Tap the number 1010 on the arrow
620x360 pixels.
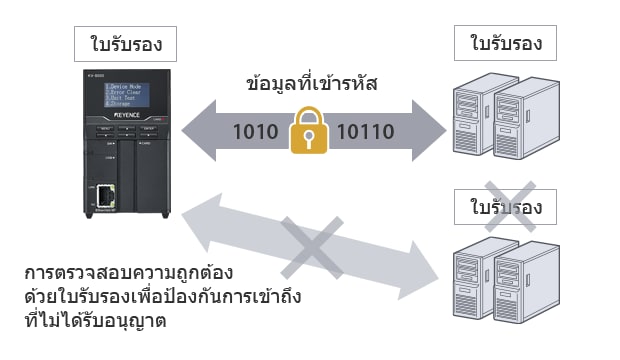pyautogui.click(x=256, y=131)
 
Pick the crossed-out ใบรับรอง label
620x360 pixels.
pyautogui.click(x=505, y=208)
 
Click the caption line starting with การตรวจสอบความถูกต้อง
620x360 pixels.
pyautogui.click(x=129, y=272)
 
